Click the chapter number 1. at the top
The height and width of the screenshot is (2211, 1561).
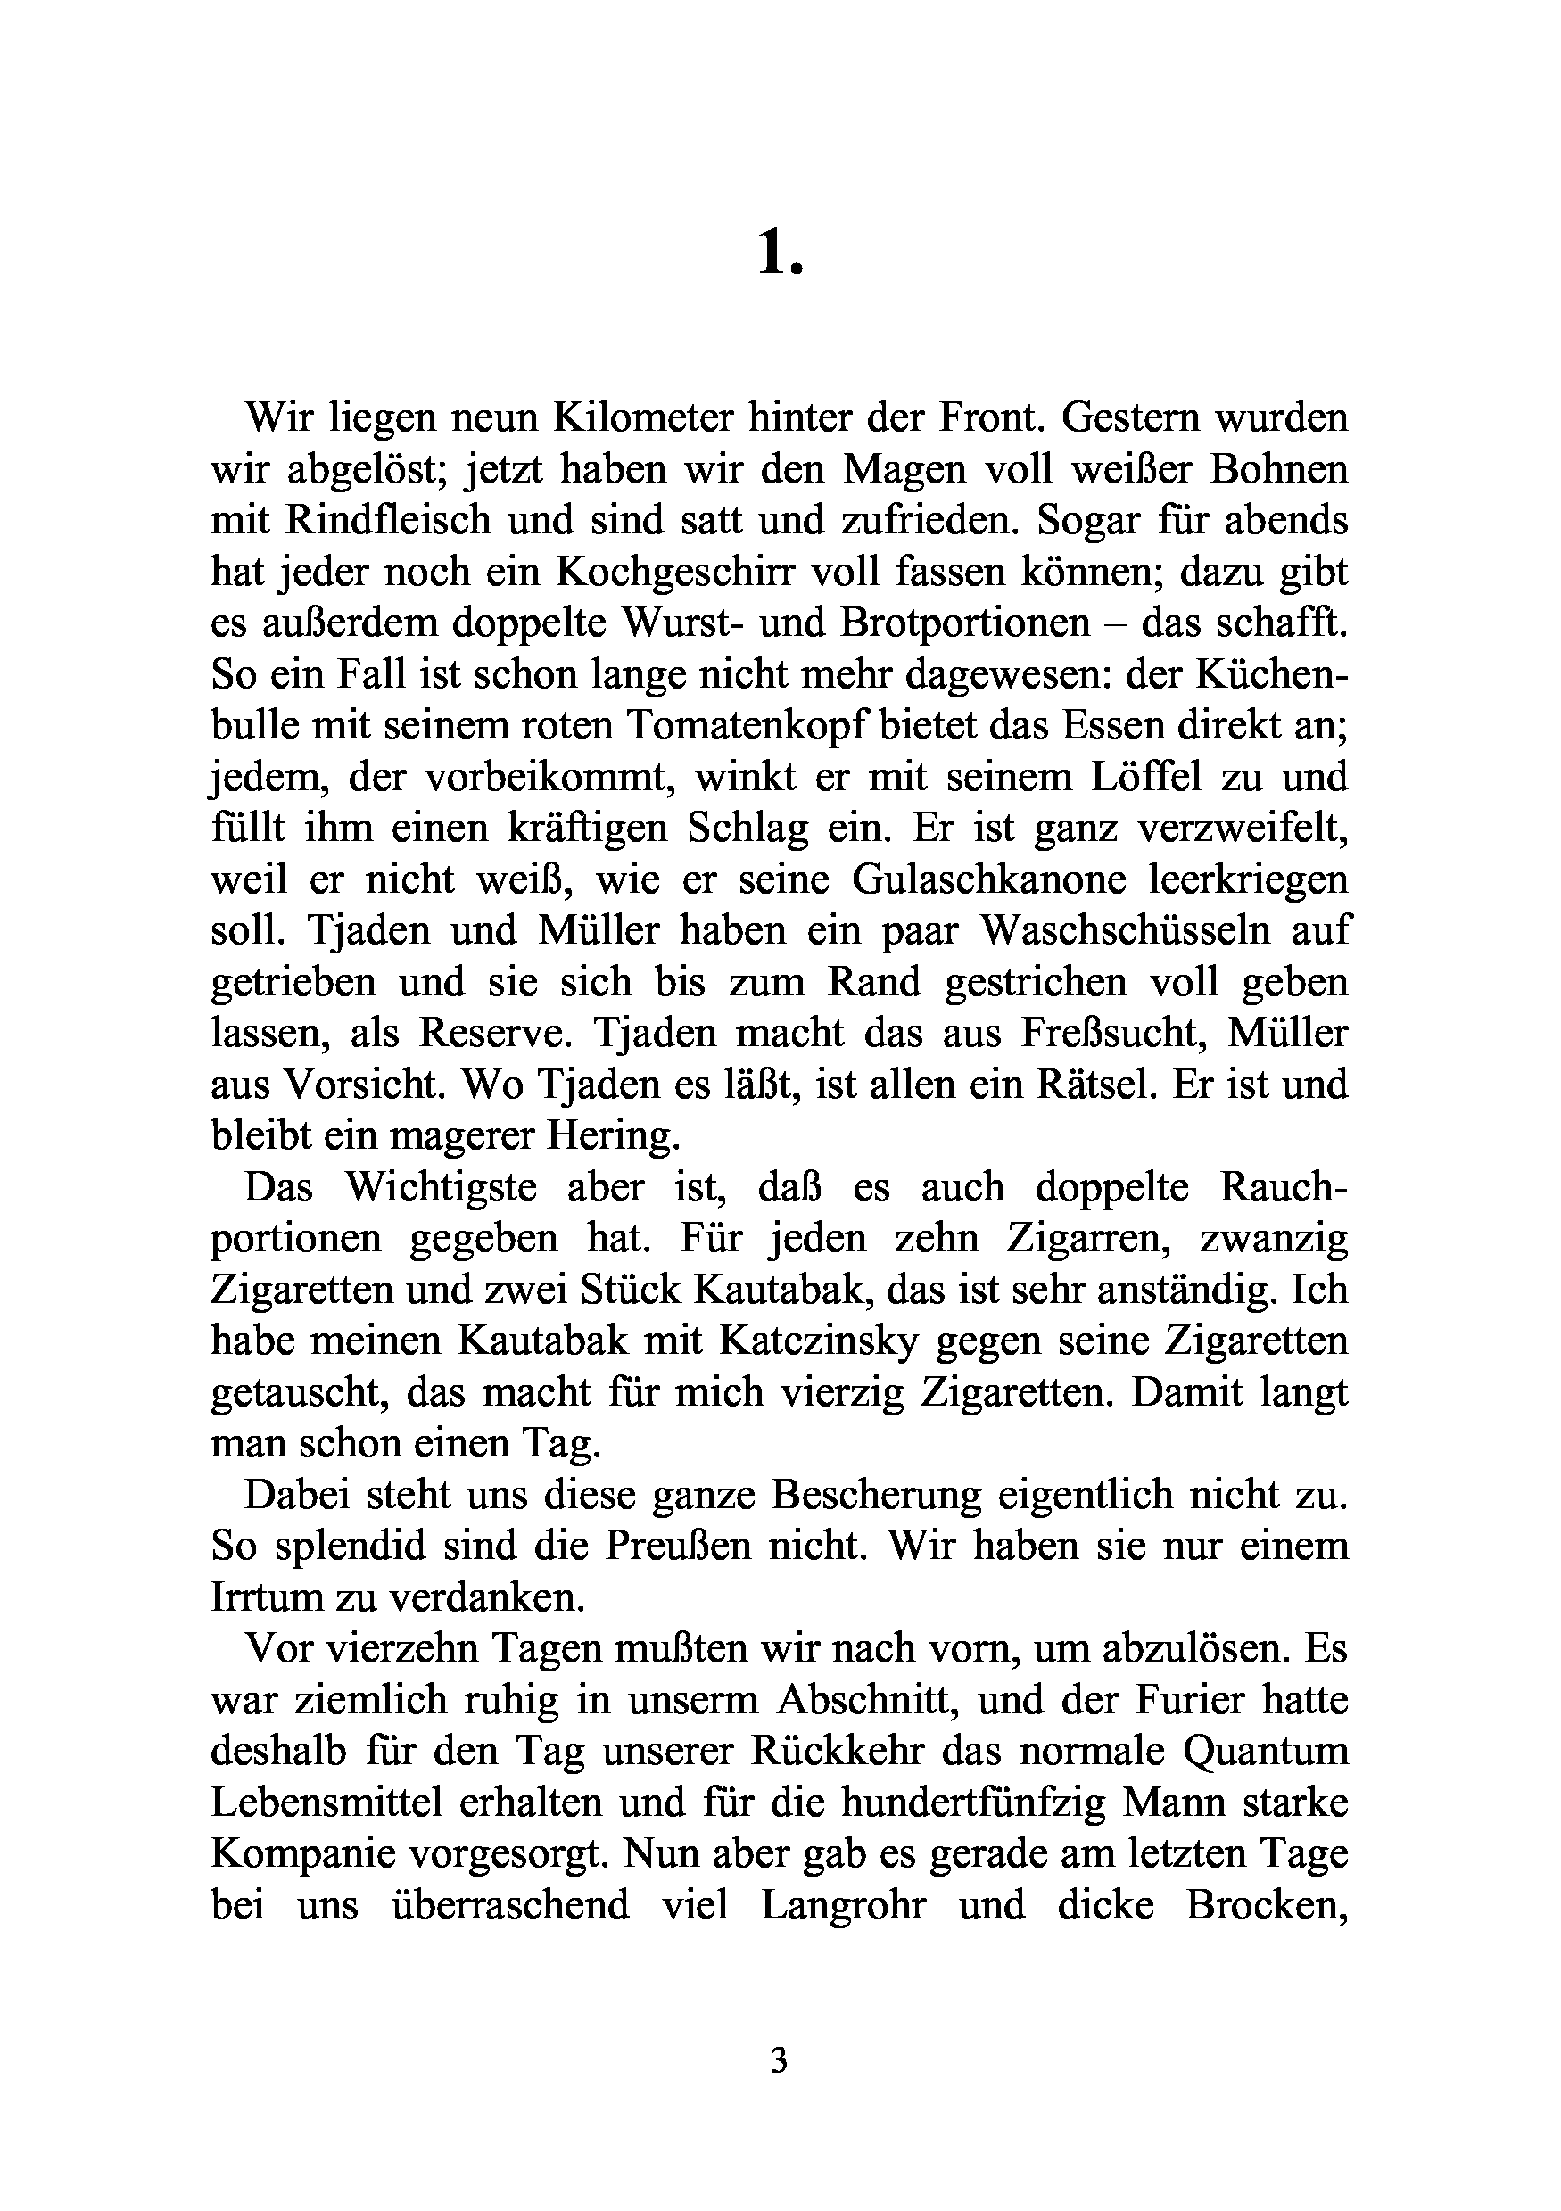779,256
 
